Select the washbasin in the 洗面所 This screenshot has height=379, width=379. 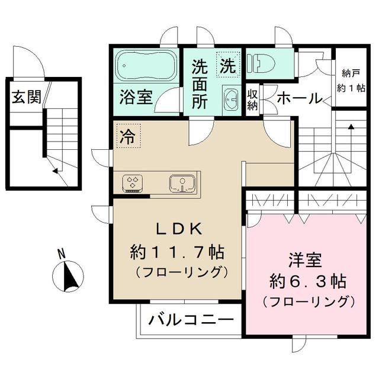click(230, 98)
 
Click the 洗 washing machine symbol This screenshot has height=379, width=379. click(228, 65)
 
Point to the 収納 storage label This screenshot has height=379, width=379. click(253, 99)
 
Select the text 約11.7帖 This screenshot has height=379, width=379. click(176, 252)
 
